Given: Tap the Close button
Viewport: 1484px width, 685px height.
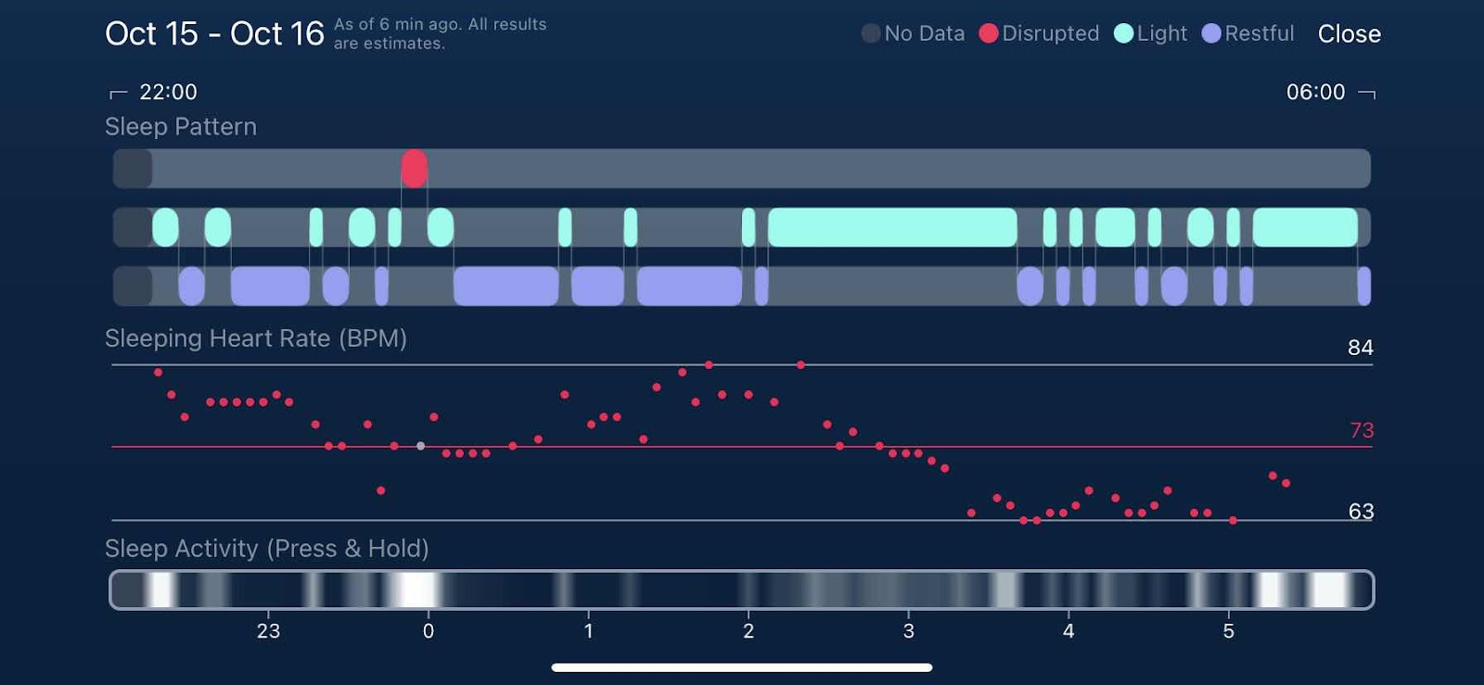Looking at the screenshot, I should point(1349,34).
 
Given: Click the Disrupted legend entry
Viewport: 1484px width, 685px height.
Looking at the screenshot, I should point(1039,34).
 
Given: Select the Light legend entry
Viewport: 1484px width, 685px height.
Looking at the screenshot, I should point(1151,34).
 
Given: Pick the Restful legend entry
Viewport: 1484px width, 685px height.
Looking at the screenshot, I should point(1248,34).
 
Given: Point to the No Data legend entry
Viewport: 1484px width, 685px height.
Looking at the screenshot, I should point(914,34).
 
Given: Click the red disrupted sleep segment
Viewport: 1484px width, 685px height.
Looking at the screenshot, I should point(415,169).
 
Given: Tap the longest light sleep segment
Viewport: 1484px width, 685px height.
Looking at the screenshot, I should point(892,228).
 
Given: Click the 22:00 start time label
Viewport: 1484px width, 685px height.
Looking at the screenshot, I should point(168,92).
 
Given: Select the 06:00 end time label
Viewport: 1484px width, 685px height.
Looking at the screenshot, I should point(1315,92).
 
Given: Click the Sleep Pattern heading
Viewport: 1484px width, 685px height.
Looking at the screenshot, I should point(181,127).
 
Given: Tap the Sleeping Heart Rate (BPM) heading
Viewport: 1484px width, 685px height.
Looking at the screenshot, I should point(256,338).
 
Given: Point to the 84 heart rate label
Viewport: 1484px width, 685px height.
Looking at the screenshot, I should point(1360,348).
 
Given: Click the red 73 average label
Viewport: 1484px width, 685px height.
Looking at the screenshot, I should point(1362,430).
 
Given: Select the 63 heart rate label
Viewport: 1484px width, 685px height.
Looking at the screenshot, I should point(1361,512).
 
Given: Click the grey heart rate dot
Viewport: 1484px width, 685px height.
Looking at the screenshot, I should point(421,446).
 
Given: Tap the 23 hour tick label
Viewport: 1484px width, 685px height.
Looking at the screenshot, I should point(268,631).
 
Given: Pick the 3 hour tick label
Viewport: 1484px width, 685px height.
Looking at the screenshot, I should point(909,631).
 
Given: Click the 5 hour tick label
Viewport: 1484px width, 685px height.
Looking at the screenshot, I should point(1229,631).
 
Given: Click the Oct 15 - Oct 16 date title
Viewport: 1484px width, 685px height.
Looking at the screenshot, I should point(214,34).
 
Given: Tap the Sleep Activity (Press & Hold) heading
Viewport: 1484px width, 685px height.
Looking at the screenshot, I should point(267,549).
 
